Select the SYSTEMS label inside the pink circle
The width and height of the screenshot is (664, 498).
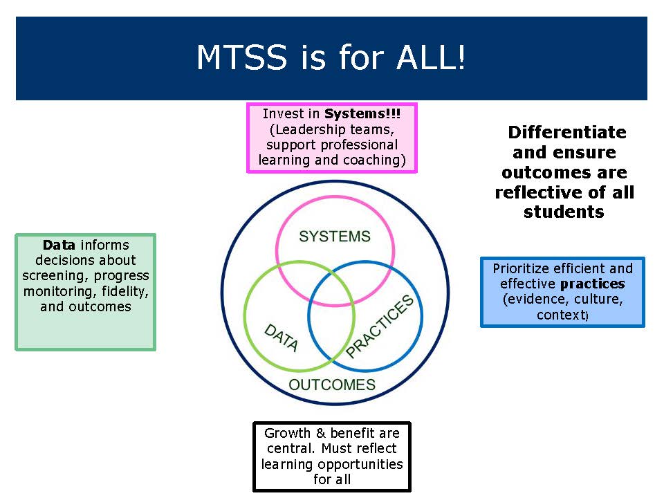click(x=335, y=237)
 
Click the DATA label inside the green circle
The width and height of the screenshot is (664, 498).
click(x=282, y=338)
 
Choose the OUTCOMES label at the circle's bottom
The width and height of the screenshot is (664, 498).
click(x=332, y=385)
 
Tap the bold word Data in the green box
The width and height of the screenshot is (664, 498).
click(x=59, y=245)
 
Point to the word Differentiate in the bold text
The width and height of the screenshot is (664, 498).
click(x=566, y=132)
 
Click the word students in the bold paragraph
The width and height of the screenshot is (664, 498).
click(x=564, y=212)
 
